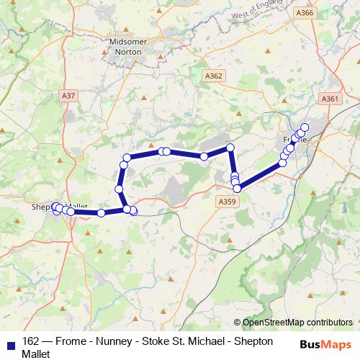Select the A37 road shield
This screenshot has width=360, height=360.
point(69,94)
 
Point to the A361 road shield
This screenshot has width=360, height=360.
point(330,99)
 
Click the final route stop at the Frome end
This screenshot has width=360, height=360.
point(305,127)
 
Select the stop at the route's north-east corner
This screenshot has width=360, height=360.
point(230,148)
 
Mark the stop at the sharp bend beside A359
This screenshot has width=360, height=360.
point(236,188)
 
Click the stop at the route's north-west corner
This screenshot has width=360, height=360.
point(127,158)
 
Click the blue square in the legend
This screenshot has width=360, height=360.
point(11,342)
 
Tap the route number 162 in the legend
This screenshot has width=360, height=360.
point(31,341)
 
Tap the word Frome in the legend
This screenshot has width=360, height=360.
point(66,341)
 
